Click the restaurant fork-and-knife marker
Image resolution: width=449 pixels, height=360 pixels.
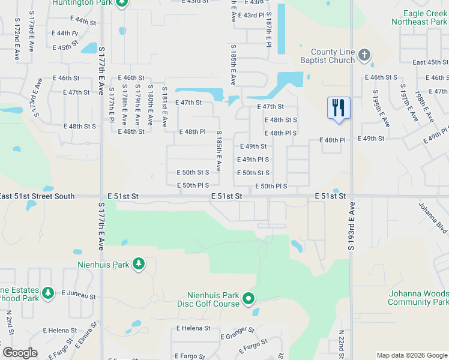click(x=339, y=108)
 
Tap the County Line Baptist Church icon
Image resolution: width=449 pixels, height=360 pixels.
click(x=364, y=56)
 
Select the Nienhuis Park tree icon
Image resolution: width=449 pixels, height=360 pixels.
click(x=139, y=264)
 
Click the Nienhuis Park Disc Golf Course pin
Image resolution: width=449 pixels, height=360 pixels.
click(x=249, y=298)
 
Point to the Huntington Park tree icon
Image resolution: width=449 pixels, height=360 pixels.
click(x=122, y=3)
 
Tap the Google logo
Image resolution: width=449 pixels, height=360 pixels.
click(x=20, y=353)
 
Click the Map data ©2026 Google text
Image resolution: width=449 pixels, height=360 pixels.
click(x=412, y=355)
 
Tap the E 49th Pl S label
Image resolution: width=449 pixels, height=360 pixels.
click(x=253, y=160)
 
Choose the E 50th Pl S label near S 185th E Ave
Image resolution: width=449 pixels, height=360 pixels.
click(x=193, y=185)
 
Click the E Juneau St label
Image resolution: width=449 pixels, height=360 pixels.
click(x=79, y=296)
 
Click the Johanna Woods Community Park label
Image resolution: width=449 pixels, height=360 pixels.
click(x=418, y=298)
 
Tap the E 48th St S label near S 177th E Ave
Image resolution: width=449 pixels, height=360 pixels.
click(x=80, y=127)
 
